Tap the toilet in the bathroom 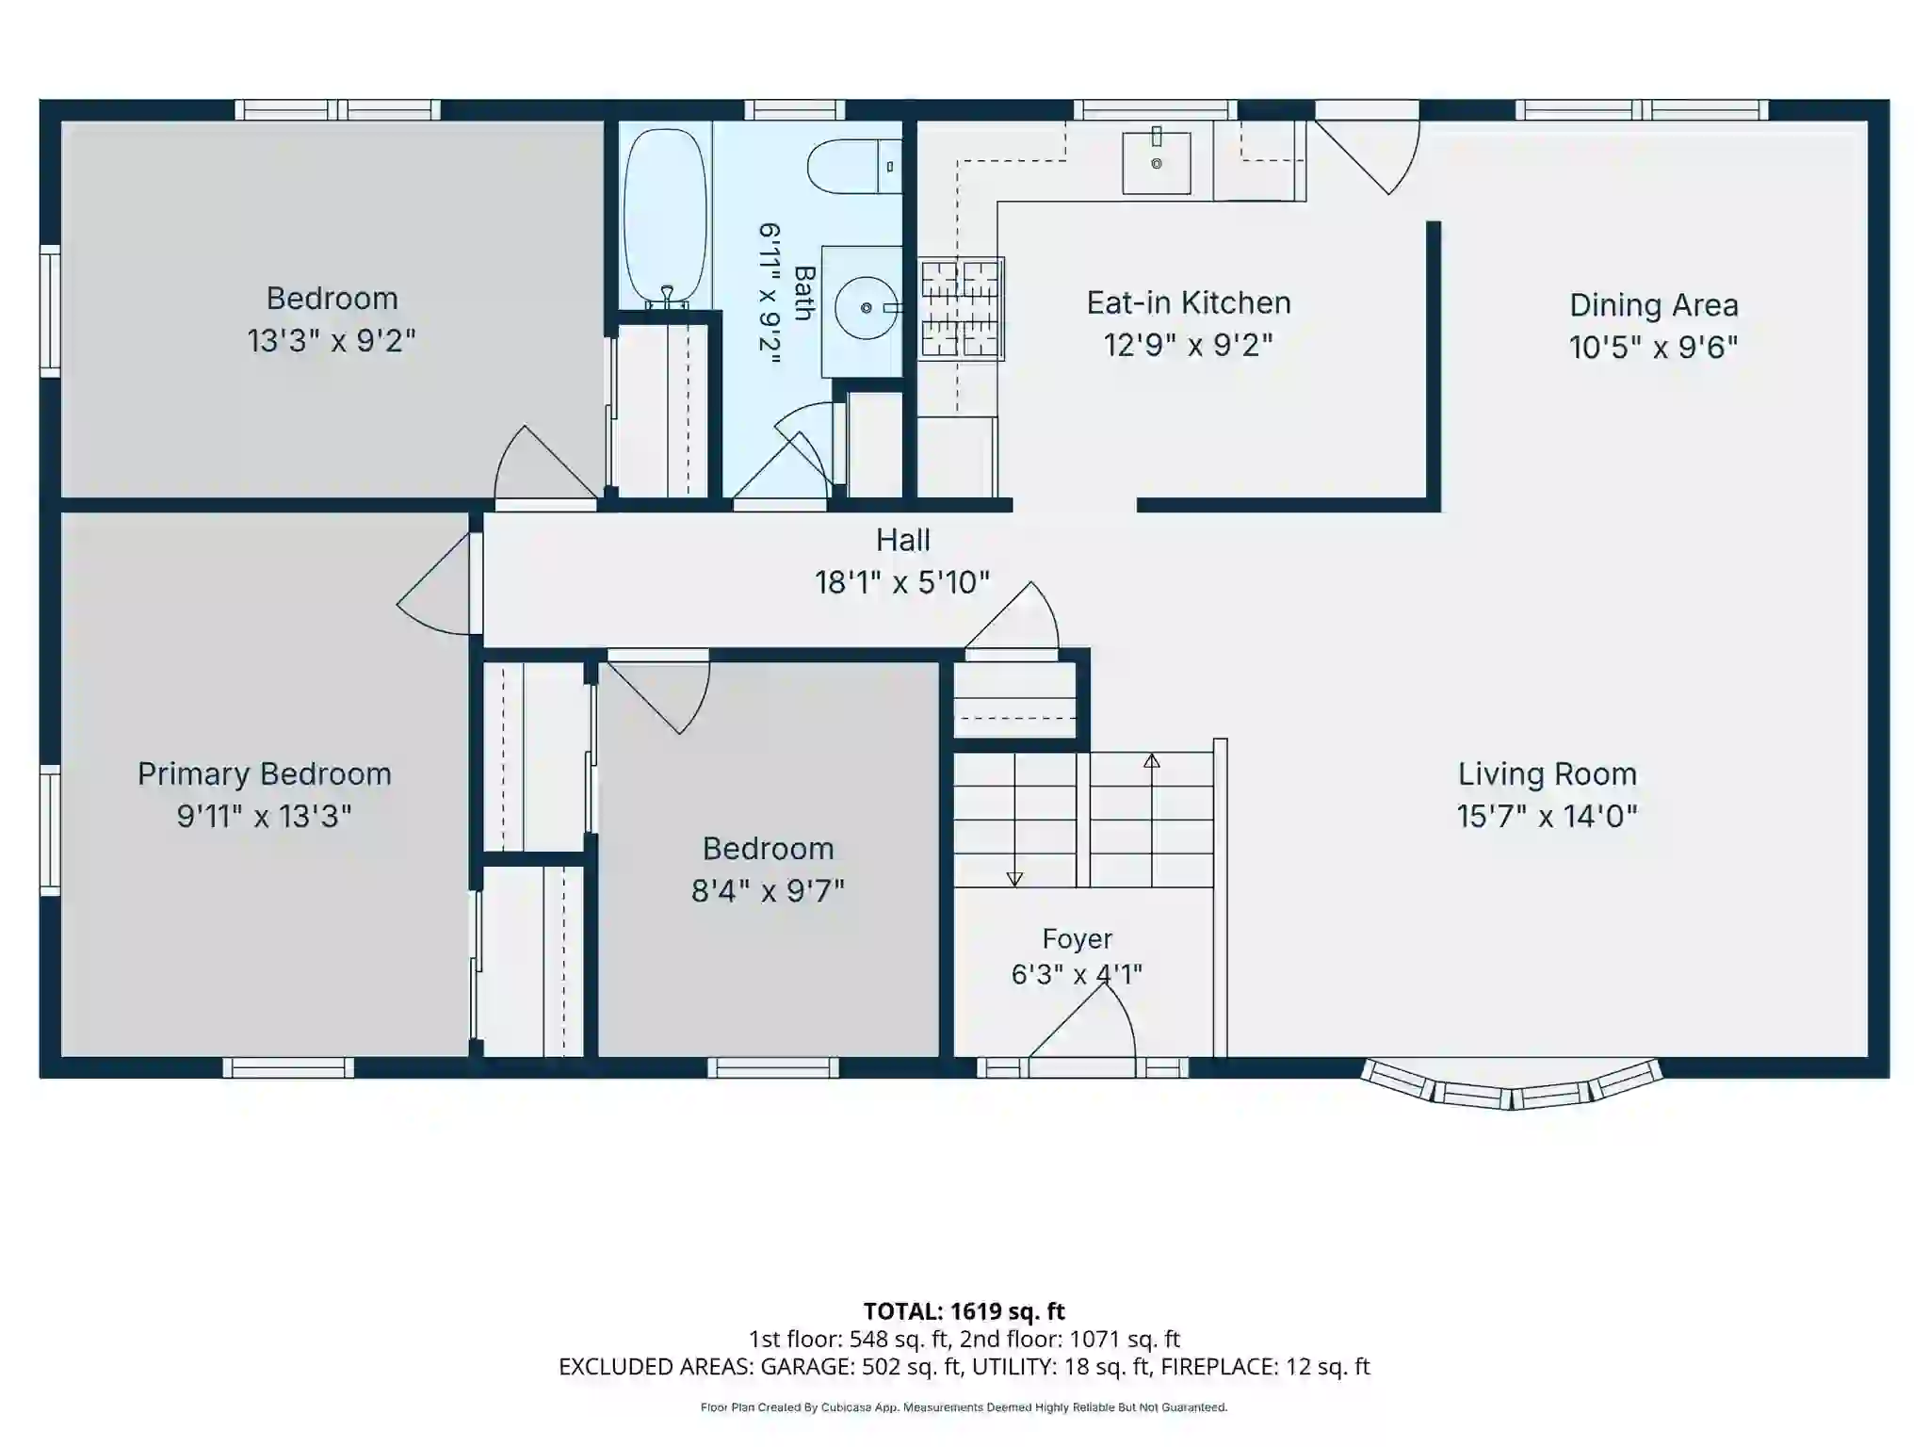tap(854, 166)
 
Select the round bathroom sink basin tap(867, 308)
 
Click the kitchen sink tap(1156, 162)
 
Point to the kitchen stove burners tap(961, 309)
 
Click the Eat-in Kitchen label tap(1189, 303)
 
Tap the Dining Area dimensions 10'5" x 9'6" tap(1653, 348)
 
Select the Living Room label tap(1548, 774)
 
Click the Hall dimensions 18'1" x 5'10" tap(902, 582)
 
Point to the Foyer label tap(1077, 938)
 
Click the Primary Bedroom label tap(264, 774)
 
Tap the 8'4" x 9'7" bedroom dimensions tap(768, 891)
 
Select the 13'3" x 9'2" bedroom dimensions tap(332, 341)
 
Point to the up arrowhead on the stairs tap(1151, 760)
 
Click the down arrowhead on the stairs tap(1014, 879)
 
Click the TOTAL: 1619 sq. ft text tap(964, 1311)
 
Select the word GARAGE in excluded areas tap(808, 1367)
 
